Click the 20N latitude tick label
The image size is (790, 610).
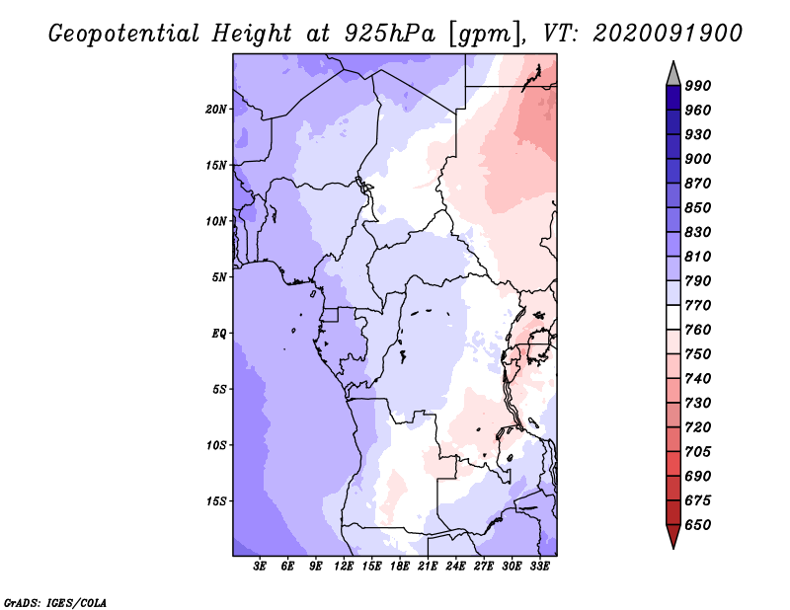tap(216, 110)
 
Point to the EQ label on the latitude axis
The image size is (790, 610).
tap(219, 334)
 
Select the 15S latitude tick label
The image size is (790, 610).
tap(216, 501)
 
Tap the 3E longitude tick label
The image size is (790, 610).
tap(260, 566)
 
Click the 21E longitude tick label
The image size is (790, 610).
tap(428, 566)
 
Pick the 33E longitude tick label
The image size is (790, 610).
tap(539, 566)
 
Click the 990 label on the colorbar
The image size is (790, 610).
tap(698, 86)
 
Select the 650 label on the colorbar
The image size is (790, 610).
tap(698, 525)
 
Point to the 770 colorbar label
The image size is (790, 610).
tap(698, 305)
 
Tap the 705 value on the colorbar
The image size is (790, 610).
tap(698, 452)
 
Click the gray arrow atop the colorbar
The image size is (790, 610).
tap(673, 74)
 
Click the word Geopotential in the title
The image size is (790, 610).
tap(124, 34)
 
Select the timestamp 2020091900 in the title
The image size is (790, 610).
tap(668, 34)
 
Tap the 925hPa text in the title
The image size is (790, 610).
tap(390, 34)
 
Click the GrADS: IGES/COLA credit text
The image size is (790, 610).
tap(55, 603)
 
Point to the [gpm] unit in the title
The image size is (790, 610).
tap(484, 35)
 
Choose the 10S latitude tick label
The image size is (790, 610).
tap(216, 445)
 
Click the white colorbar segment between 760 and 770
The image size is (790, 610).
tap(673, 318)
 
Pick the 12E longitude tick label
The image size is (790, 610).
tap(344, 566)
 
